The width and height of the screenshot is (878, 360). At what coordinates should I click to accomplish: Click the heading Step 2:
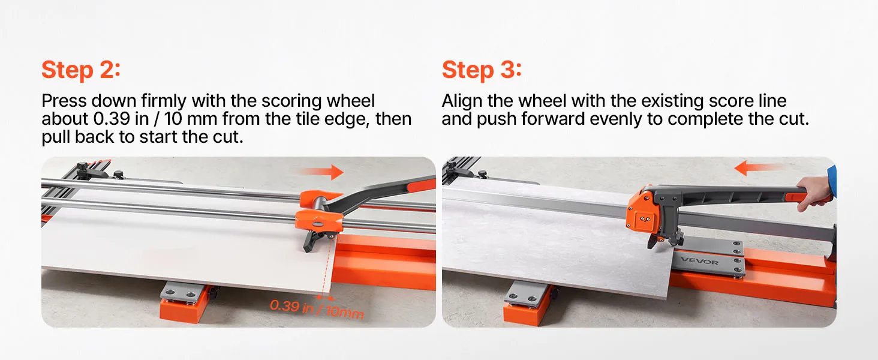tap(81, 70)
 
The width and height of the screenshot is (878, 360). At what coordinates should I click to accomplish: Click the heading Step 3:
tap(482, 70)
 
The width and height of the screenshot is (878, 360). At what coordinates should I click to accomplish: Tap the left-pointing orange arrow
tap(759, 168)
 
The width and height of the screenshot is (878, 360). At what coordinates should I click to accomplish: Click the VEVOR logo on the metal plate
tap(700, 260)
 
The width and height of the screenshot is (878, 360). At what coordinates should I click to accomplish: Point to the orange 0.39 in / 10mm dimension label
tap(317, 308)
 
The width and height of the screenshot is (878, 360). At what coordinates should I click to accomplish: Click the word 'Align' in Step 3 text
tap(462, 101)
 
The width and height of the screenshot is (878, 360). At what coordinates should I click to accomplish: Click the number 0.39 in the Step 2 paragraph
tap(112, 119)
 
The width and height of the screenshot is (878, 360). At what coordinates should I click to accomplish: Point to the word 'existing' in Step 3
tap(672, 101)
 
